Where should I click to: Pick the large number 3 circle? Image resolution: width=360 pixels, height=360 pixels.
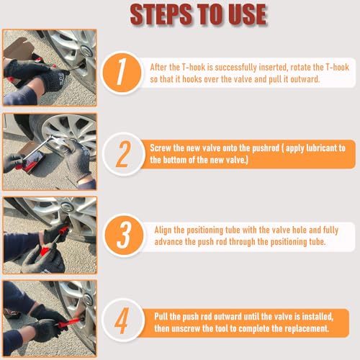(123, 235)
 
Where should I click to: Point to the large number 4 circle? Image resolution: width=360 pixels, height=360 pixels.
(123, 318)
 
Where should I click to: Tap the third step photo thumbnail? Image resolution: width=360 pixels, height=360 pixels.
(49, 235)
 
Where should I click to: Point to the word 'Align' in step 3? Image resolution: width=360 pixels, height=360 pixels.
(166, 230)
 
